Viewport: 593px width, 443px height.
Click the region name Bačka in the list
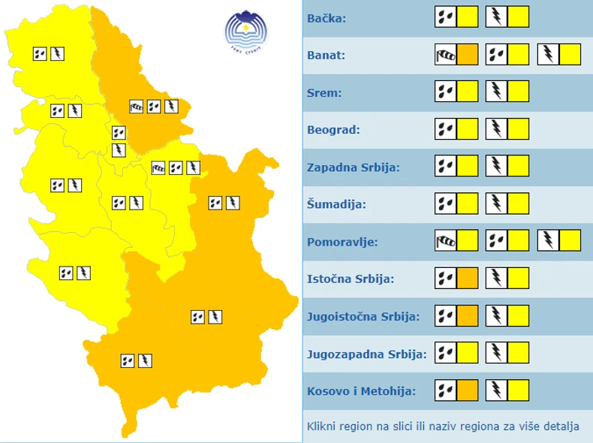(327, 18)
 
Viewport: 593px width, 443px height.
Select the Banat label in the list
(326, 56)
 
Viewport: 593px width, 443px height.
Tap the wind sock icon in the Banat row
(446, 55)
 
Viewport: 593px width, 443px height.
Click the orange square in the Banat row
(468, 55)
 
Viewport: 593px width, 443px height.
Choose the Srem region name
(324, 93)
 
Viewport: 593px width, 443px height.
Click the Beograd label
(333, 130)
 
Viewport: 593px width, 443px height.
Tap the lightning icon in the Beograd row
(497, 129)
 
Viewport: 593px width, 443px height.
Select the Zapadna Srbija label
(353, 167)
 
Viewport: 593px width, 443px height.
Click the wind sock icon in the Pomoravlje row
(446, 241)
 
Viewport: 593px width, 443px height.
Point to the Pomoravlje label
(342, 242)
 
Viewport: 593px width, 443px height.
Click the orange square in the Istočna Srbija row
(468, 279)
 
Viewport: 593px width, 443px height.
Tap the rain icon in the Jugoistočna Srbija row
(446, 315)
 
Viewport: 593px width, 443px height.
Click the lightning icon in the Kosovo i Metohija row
(497, 390)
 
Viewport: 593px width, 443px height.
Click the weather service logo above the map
(246, 29)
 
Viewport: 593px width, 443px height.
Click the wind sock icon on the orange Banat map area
(136, 107)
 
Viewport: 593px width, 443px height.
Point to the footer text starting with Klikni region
(443, 426)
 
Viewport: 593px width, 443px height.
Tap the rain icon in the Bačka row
(446, 17)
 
